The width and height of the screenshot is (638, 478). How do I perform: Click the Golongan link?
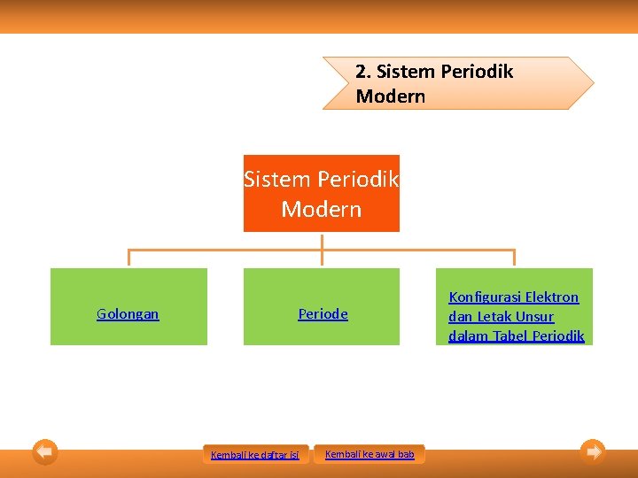(x=128, y=314)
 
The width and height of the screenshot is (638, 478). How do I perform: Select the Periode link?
(x=323, y=314)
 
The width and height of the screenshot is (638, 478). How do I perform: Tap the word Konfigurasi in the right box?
(x=486, y=297)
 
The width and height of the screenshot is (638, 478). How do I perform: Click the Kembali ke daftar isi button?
(x=255, y=455)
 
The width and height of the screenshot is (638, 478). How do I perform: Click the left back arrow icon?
(x=45, y=451)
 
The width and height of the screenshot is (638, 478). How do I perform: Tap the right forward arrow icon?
(x=593, y=451)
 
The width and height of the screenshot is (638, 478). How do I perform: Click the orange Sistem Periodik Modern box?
(x=322, y=194)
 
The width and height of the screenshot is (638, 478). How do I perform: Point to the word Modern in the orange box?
(x=322, y=210)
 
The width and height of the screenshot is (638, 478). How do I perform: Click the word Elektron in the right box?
(x=552, y=297)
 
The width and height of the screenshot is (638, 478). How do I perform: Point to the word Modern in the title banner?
(x=391, y=96)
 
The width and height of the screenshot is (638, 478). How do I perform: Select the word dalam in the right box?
(x=466, y=336)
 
